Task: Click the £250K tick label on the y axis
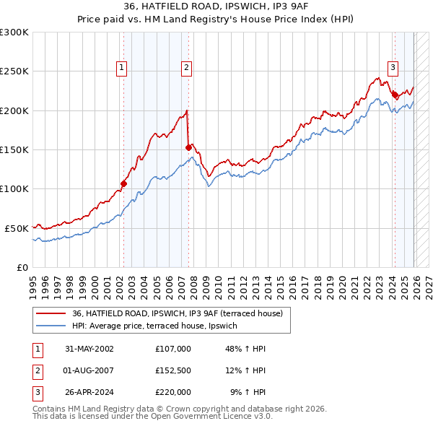(14, 71)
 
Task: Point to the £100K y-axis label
(14, 188)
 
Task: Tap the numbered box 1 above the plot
(121, 68)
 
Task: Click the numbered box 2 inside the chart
(186, 68)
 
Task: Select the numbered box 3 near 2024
(393, 68)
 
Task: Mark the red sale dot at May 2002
(123, 183)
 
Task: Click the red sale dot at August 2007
(188, 147)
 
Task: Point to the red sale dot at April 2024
(395, 95)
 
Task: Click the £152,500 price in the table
(172, 370)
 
